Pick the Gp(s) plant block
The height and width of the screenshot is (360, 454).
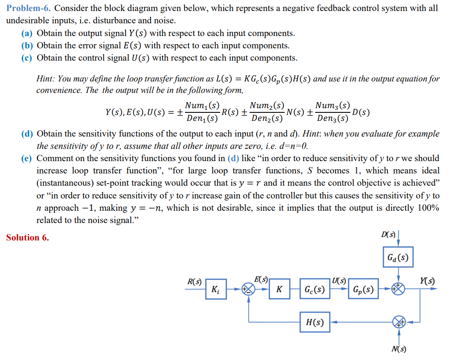click(364, 290)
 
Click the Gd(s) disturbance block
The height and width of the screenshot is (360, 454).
click(398, 257)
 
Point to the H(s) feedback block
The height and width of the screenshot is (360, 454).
click(315, 322)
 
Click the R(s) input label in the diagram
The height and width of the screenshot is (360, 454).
click(194, 281)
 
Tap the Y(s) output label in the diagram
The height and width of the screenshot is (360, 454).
click(428, 281)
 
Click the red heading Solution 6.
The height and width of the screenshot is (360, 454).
click(27, 237)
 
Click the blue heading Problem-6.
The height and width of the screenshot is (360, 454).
click(28, 8)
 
